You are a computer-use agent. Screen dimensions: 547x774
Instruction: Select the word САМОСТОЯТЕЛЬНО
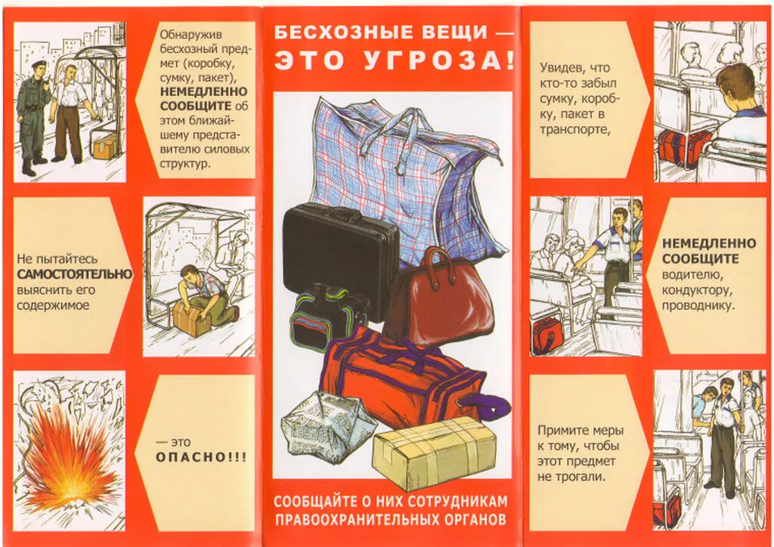coord(74,273)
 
